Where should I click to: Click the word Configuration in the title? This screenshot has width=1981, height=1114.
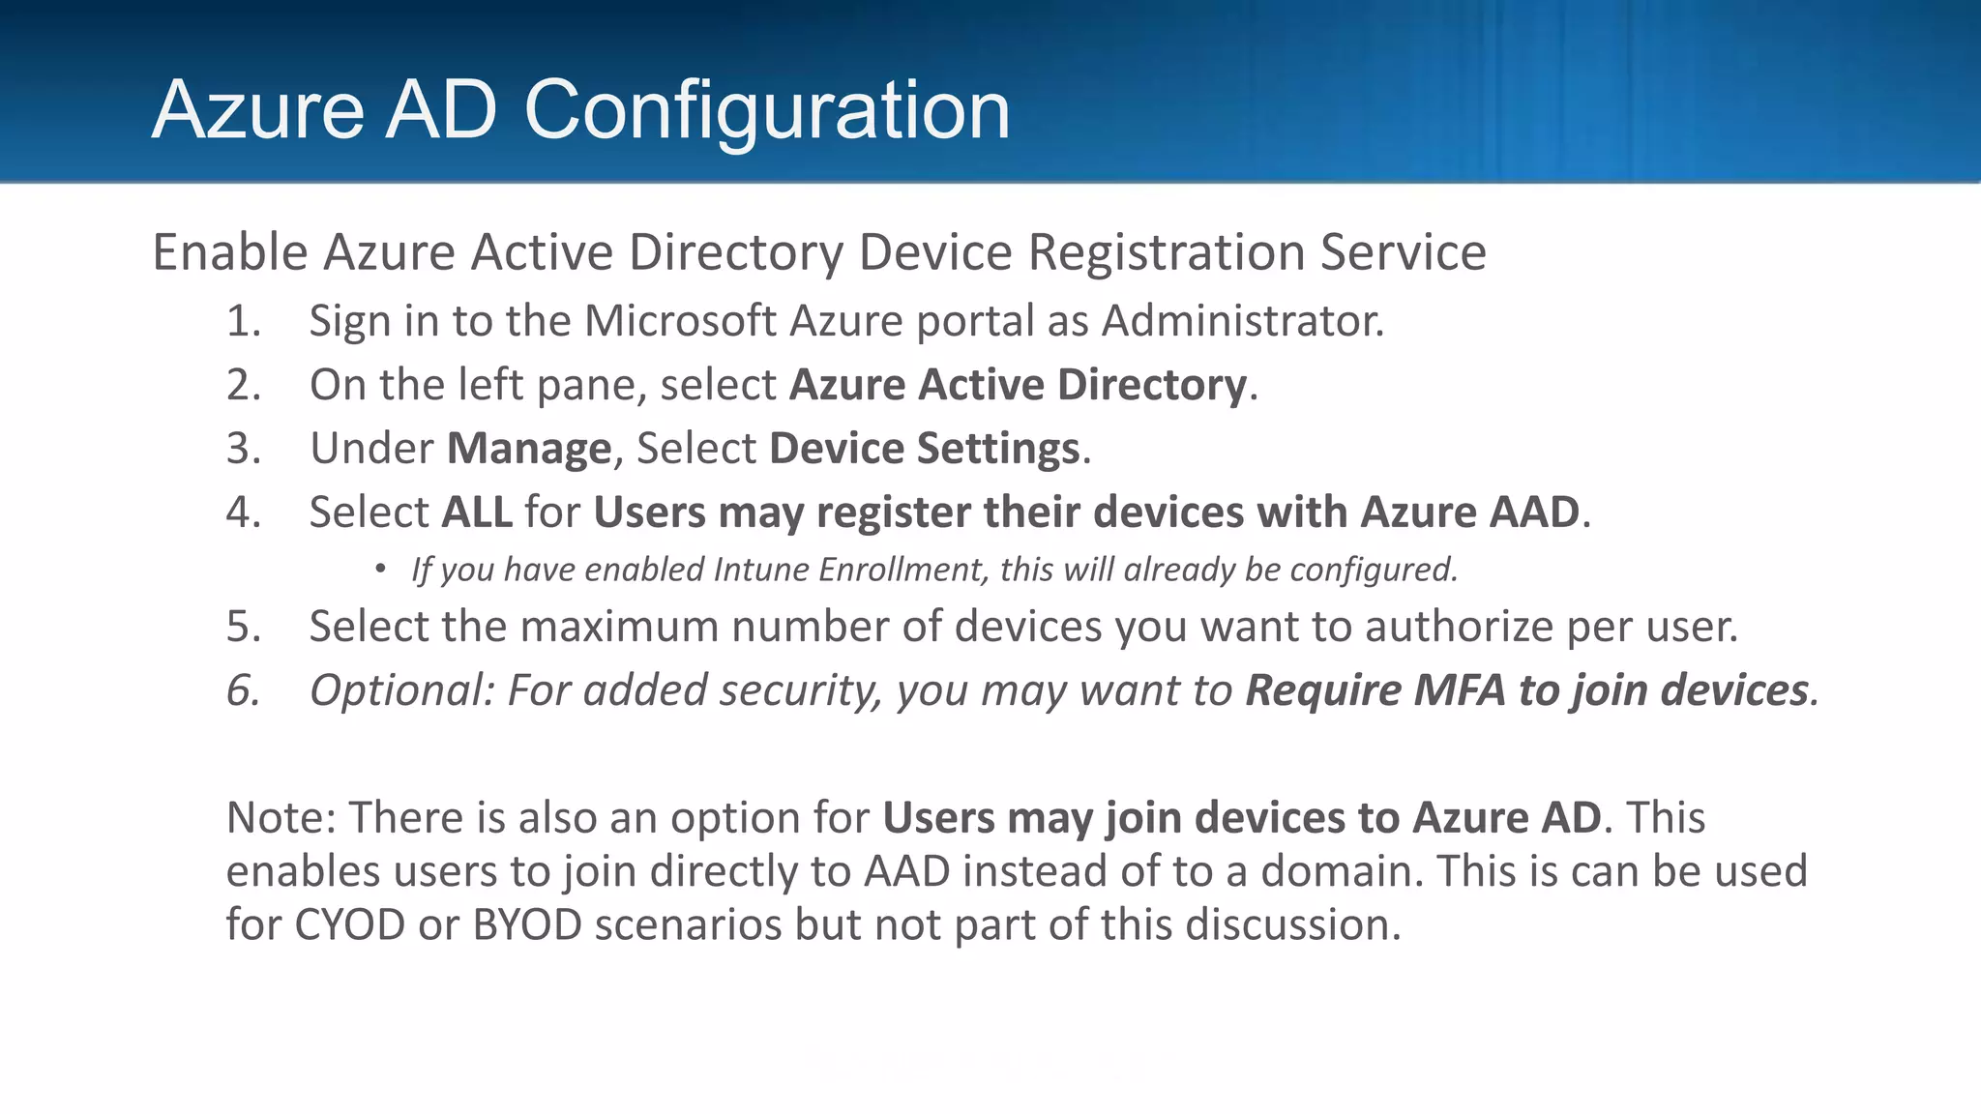pyautogui.click(x=766, y=110)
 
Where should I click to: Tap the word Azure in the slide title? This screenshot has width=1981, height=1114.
pyautogui.click(x=258, y=110)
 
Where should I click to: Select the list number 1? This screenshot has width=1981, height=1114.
pyautogui.click(x=243, y=321)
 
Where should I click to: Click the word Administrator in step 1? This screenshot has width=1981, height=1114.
pyautogui.click(x=1242, y=321)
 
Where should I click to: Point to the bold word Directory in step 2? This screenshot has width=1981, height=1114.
pyautogui.click(x=1151, y=385)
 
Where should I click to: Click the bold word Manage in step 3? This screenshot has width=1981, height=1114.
pyautogui.click(x=528, y=449)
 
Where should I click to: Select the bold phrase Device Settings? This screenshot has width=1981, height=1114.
pyautogui.click(x=924, y=449)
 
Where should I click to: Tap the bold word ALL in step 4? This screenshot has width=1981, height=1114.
pyautogui.click(x=477, y=513)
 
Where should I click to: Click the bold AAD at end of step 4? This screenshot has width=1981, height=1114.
pyautogui.click(x=1533, y=513)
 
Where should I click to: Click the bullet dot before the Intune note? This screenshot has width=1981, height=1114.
pyautogui.click(x=380, y=570)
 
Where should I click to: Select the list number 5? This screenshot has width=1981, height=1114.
pyautogui.click(x=243, y=627)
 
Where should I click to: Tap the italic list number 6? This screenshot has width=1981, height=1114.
pyautogui.click(x=243, y=690)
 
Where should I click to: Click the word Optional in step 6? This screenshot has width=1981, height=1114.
pyautogui.click(x=400, y=690)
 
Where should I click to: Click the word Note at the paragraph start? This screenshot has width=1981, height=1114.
pyautogui.click(x=279, y=818)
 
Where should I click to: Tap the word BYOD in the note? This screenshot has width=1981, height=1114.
pyautogui.click(x=527, y=925)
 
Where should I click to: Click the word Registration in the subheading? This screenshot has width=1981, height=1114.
pyautogui.click(x=1167, y=253)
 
